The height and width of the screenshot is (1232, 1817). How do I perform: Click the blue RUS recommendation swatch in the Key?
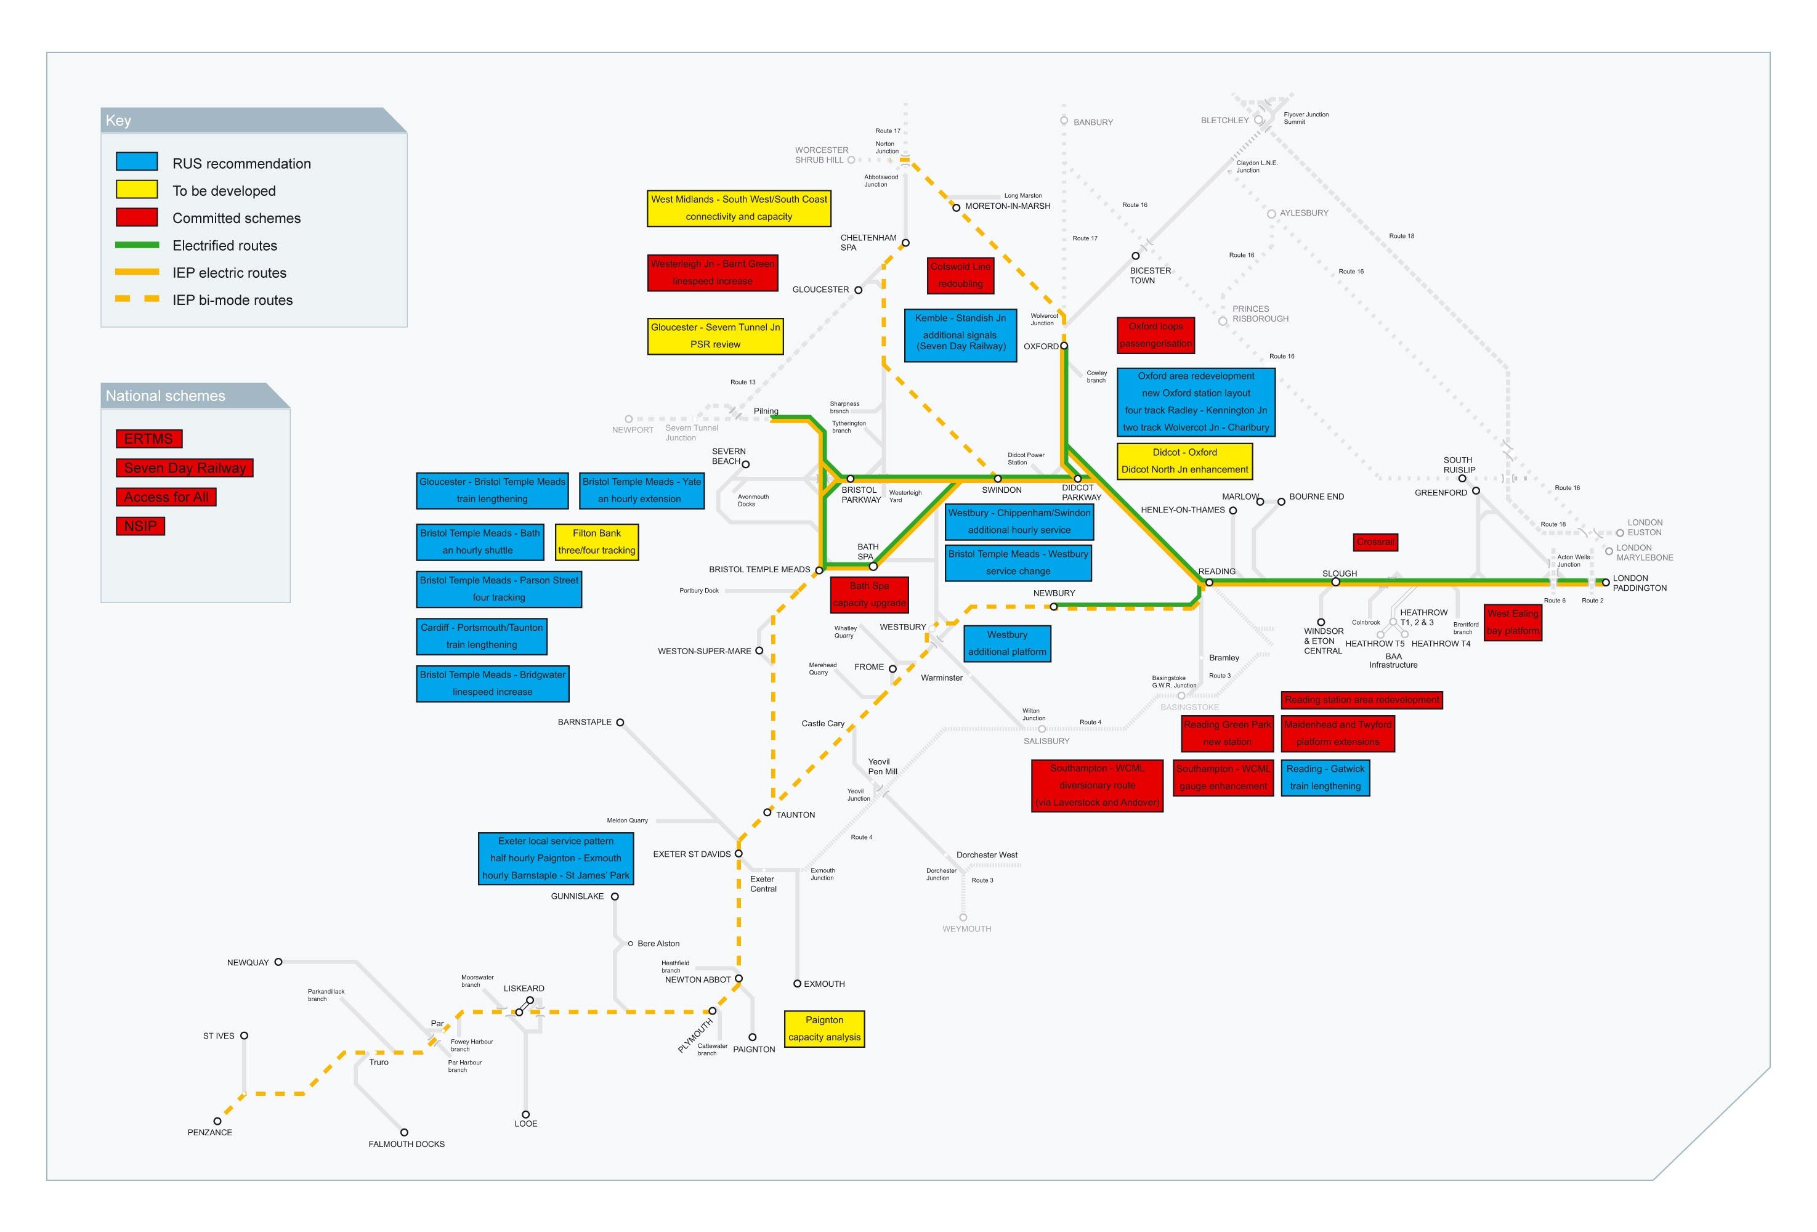coord(137,162)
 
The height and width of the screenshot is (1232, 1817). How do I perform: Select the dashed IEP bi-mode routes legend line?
coord(137,299)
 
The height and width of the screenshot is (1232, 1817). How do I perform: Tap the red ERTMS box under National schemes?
coord(148,439)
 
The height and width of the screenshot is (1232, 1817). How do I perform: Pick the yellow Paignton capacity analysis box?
coord(824,1029)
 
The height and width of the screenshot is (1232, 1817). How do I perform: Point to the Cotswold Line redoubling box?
coord(960,275)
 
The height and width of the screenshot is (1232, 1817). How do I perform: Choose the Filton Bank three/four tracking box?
coord(597,541)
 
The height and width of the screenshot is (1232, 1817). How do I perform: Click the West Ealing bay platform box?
coord(1512,622)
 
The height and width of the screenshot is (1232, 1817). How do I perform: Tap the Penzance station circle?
coord(217,1121)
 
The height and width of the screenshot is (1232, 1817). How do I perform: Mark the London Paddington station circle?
coord(1605,582)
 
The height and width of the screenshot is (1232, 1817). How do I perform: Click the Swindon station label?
coord(1002,490)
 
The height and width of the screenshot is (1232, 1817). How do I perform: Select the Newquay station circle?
coord(278,962)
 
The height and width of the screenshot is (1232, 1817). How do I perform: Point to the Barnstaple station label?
coord(584,723)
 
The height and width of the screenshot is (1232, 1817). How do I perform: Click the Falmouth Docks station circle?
coord(404,1132)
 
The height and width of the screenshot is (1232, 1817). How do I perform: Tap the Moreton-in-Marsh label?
coord(1007,206)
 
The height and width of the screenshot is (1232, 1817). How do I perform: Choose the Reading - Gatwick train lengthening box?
coord(1325,778)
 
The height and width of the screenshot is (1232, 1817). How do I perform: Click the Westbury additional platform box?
coord(1006,643)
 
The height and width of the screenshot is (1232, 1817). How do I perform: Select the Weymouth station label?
coord(966,929)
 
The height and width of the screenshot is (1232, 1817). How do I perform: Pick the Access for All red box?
coord(166,497)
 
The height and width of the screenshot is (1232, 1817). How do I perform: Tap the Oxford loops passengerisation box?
coord(1155,334)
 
